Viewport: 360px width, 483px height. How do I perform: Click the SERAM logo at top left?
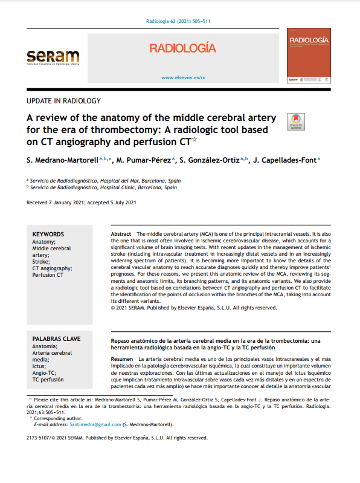[x=53, y=58]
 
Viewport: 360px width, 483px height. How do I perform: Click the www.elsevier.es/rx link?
[x=184, y=77]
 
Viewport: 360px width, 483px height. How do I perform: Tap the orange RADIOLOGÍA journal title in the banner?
[x=182, y=48]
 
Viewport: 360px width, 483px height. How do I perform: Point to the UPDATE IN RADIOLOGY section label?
[x=64, y=101]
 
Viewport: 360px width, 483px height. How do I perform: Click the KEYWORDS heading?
[x=48, y=235]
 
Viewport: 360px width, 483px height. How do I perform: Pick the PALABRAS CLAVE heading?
[x=56, y=339]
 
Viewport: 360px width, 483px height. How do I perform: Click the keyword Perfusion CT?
[x=48, y=274]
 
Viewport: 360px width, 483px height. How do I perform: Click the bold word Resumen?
[x=122, y=359]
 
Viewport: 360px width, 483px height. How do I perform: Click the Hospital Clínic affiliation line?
[x=103, y=187]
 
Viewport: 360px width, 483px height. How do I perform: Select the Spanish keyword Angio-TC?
[x=44, y=373]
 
